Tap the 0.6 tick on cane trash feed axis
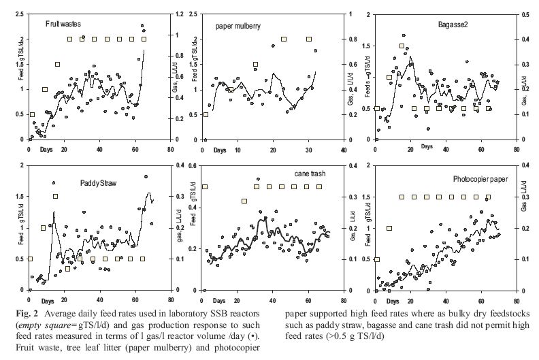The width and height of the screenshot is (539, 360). [x=192, y=165]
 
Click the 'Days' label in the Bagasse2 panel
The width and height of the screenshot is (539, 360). [x=425, y=146]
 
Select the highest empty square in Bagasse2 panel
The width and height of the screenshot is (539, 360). [x=402, y=47]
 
